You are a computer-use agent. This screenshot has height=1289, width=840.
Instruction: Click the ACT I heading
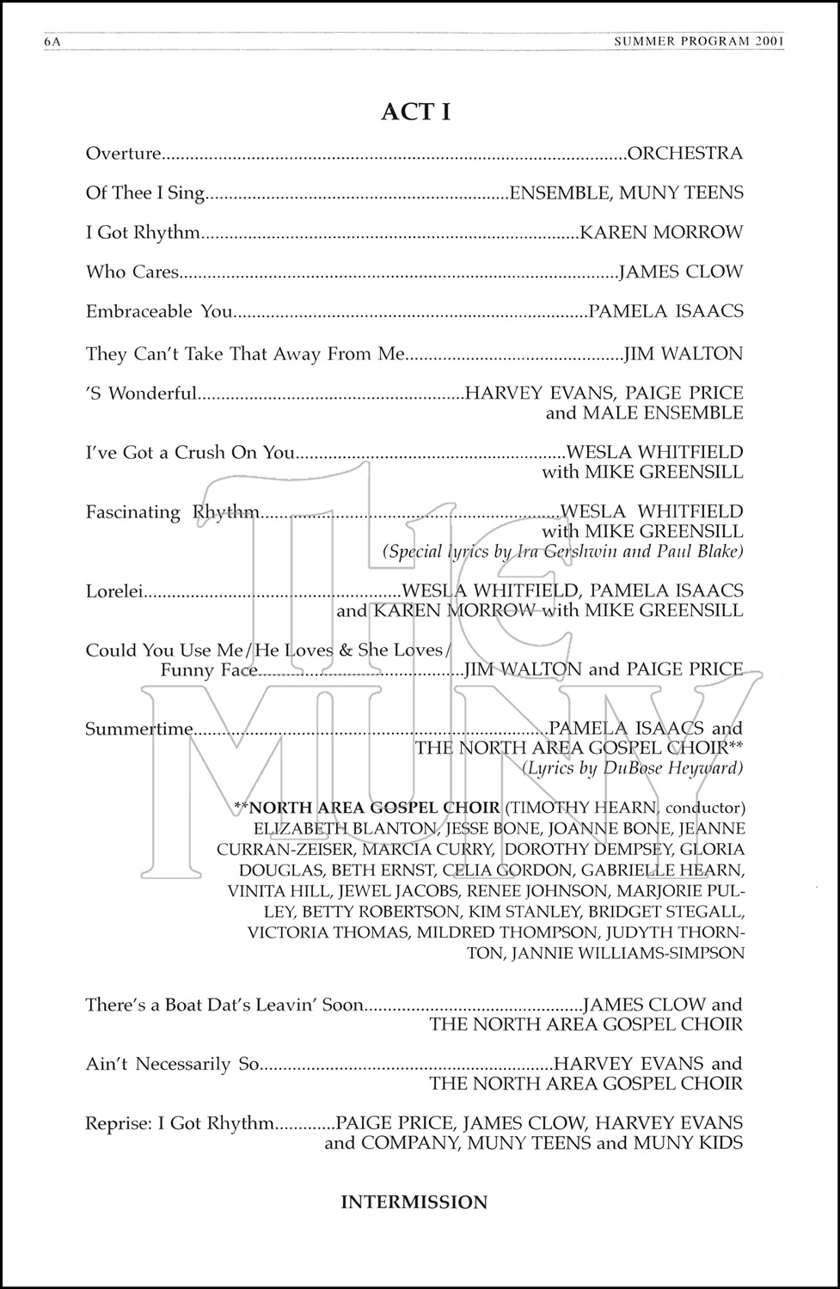pos(416,113)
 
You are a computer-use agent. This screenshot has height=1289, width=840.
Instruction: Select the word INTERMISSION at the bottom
pos(414,1202)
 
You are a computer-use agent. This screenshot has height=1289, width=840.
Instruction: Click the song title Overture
pos(124,154)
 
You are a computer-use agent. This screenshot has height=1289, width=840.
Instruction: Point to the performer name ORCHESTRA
pos(685,154)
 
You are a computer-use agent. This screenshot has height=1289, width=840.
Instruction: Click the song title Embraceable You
pos(159,311)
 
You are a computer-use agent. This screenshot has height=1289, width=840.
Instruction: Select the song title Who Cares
pos(132,272)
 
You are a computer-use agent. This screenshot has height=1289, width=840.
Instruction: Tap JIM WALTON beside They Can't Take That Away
pos(683,353)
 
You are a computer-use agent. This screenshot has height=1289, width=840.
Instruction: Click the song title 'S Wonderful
pos(141,394)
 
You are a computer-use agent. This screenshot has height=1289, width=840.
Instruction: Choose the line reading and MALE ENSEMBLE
pos(644,413)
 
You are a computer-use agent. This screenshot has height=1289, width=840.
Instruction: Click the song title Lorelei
pos(113,591)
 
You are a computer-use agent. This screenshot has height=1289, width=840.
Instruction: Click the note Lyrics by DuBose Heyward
pos(633,768)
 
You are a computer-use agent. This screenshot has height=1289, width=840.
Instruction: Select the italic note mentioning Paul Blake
pos(563,552)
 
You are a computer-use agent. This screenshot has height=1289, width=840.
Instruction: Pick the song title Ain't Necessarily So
pos(172,1065)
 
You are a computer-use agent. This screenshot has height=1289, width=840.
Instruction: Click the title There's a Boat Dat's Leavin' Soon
pos(224,1005)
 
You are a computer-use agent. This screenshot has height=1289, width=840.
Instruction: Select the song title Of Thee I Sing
pos(145,193)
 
